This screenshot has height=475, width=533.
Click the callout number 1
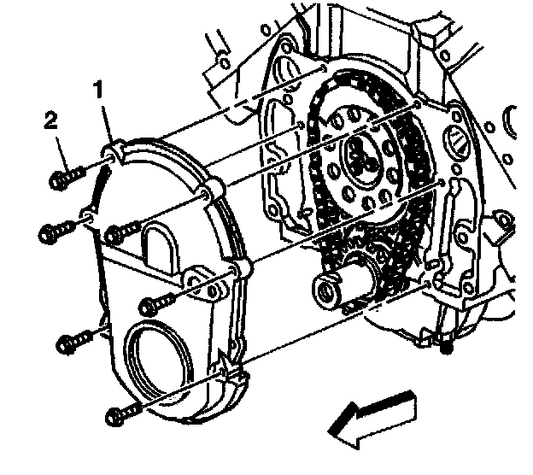[101, 88]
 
